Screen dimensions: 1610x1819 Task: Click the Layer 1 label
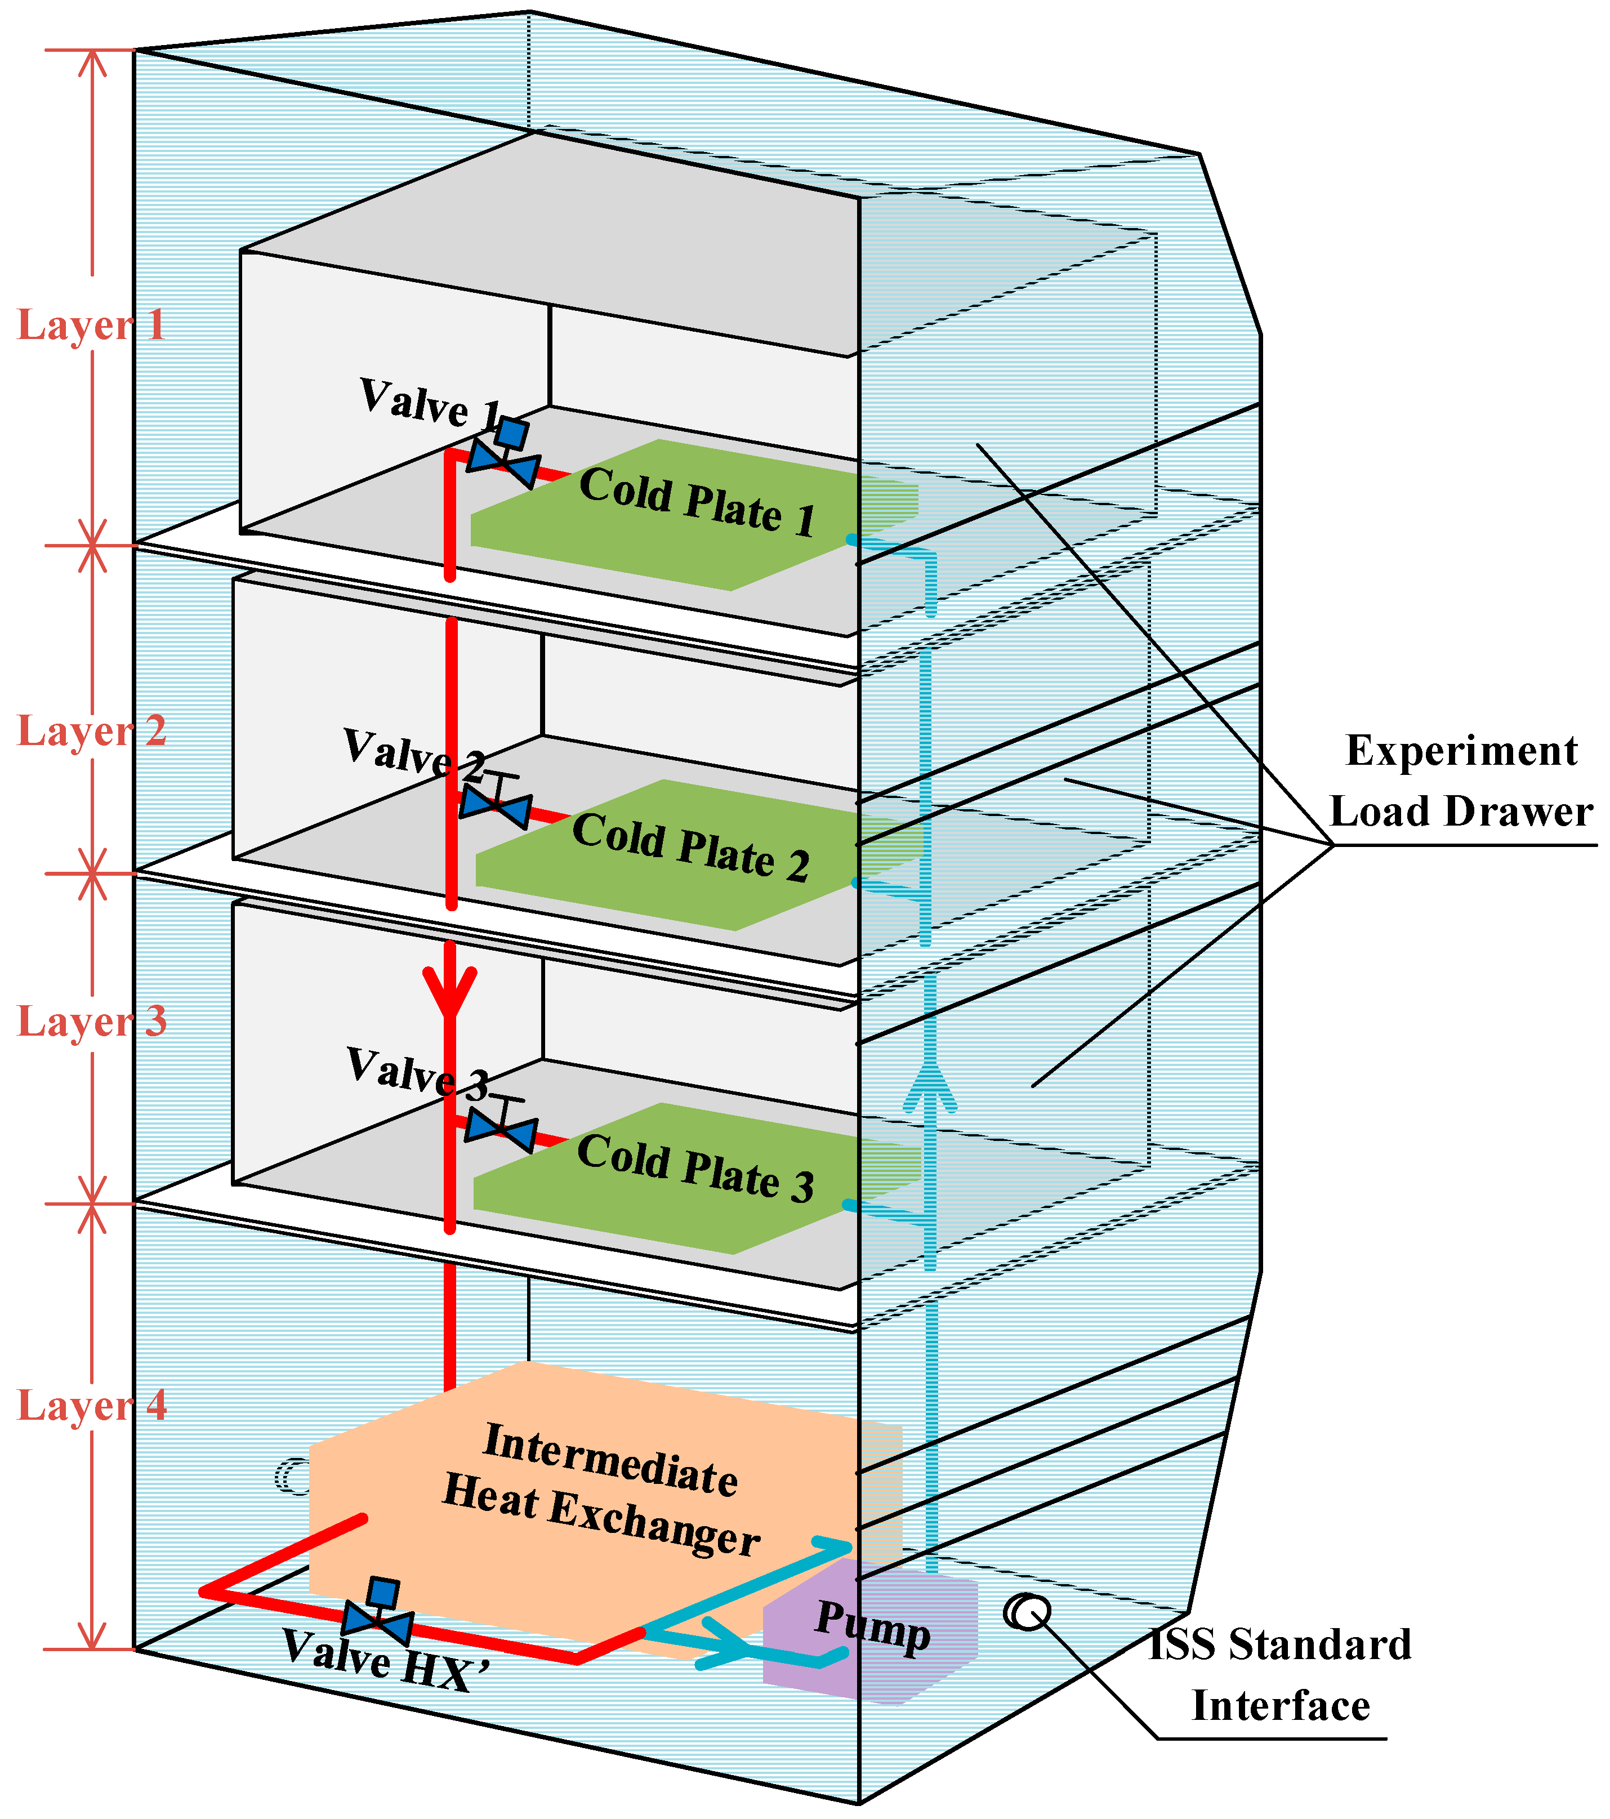(92, 325)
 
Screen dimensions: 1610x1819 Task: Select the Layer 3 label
(92, 1021)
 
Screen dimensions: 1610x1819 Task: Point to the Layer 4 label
(92, 1405)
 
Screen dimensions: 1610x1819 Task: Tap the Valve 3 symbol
(502, 1127)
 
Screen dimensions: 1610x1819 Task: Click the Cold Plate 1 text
(697, 502)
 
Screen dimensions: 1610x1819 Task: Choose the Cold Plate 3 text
(695, 1167)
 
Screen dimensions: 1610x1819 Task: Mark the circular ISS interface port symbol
(1027, 1612)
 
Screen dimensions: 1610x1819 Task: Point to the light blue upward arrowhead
(929, 1086)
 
